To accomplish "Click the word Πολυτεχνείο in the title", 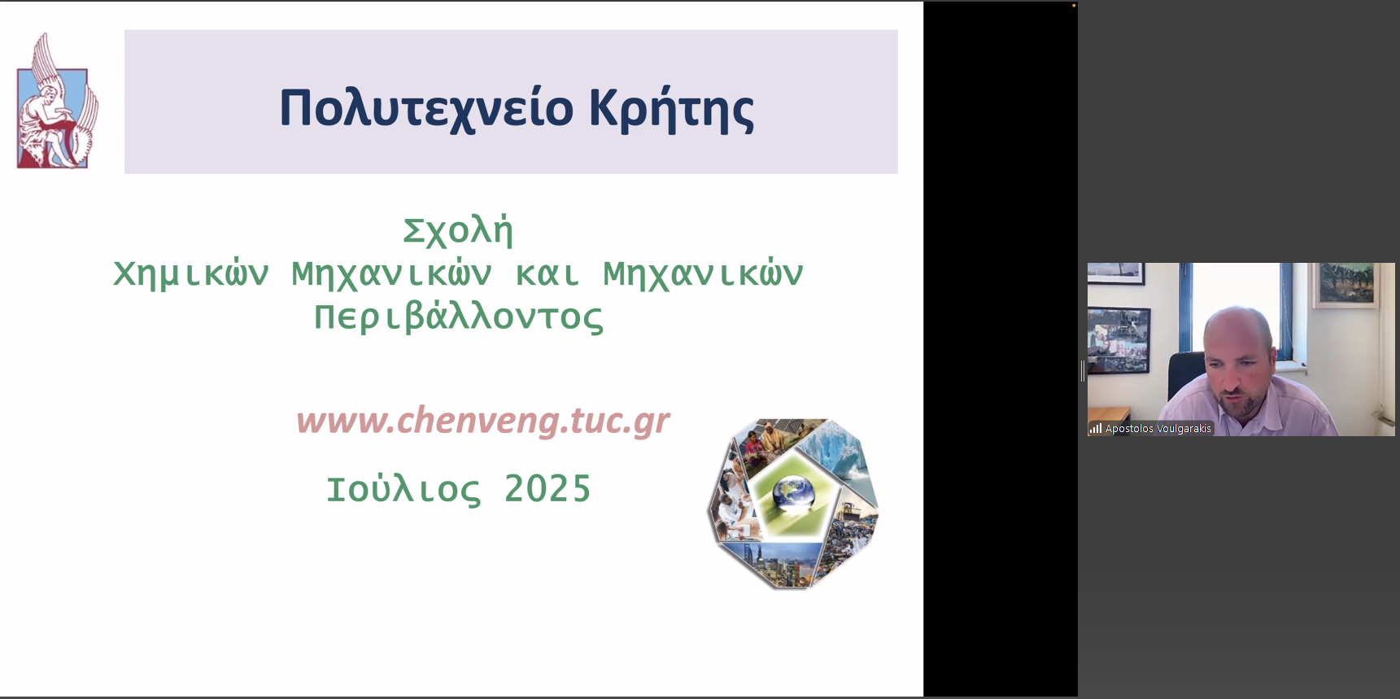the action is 427,108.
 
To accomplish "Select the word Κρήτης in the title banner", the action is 671,108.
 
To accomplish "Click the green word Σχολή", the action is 458,231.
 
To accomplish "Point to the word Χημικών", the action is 191,274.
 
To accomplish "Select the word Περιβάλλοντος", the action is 459,317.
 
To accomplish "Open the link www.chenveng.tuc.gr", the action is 483,421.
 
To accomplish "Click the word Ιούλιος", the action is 403,490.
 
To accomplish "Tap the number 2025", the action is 547,489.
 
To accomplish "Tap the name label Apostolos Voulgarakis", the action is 1158,429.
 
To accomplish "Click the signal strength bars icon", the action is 1096,428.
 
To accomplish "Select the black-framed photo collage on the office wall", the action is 1119,340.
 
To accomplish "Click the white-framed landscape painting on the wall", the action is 1347,284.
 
